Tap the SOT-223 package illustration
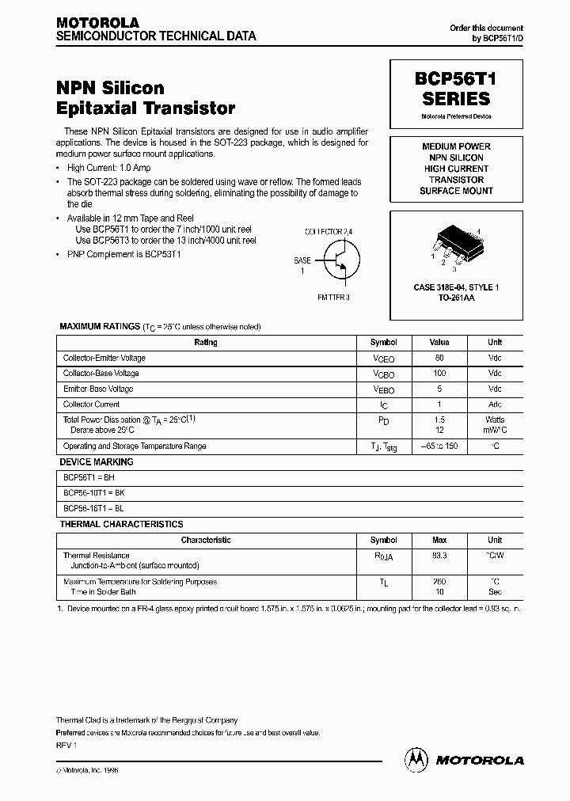(x=456, y=244)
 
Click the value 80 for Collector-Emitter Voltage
(x=439, y=358)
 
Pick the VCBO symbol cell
(x=384, y=374)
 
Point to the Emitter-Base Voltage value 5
(x=439, y=389)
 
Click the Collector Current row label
(x=91, y=404)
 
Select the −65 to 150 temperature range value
(x=439, y=446)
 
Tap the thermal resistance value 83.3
(x=439, y=556)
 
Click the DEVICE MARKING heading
(x=97, y=462)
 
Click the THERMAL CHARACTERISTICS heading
(x=121, y=524)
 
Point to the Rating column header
(x=206, y=343)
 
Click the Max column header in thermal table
(x=439, y=540)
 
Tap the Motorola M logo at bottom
(x=415, y=759)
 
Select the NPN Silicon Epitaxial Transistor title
(x=146, y=98)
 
